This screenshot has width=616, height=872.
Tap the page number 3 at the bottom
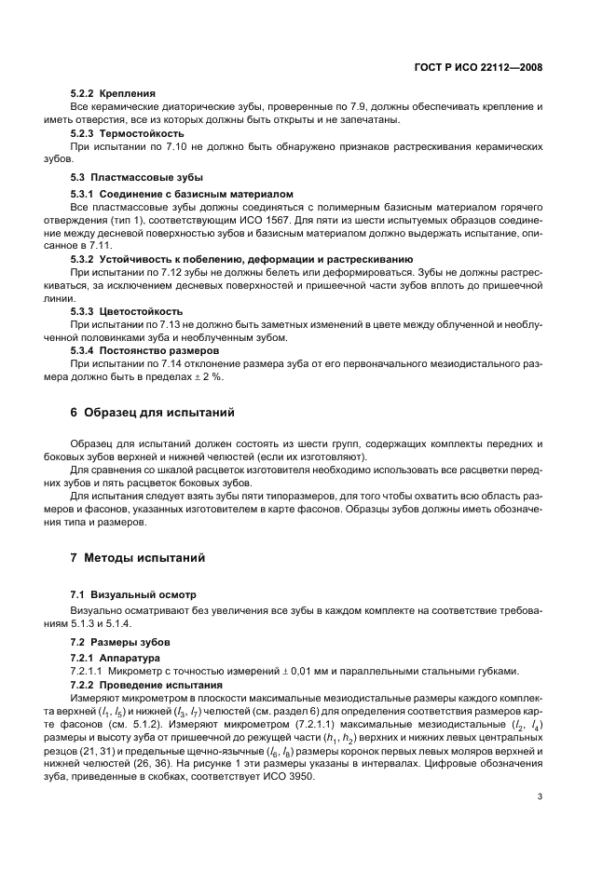pyautogui.click(x=541, y=796)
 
